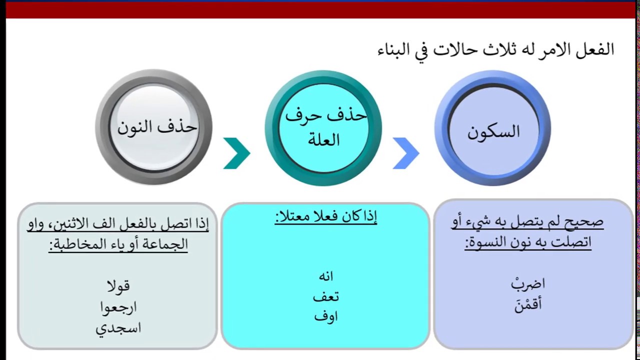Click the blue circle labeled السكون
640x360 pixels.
pos(492,128)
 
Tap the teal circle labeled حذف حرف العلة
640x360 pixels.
pos(323,128)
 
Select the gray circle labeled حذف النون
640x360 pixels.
pos(154,127)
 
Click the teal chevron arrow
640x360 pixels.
pos(236,153)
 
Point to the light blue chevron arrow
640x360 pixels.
pos(405,153)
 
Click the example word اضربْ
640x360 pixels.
pos(528,283)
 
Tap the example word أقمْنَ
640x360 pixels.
pos(528,304)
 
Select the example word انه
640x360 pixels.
pos(326,276)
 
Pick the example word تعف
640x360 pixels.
pos(326,296)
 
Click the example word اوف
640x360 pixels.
pos(326,316)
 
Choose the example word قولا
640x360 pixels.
pos(118,285)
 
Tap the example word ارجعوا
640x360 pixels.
pos(118,307)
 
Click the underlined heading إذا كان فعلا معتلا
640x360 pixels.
pos(326,216)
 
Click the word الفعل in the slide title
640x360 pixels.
pos(597,49)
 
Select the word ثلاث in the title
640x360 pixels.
pos(507,49)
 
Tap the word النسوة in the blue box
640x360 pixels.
pos(487,243)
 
